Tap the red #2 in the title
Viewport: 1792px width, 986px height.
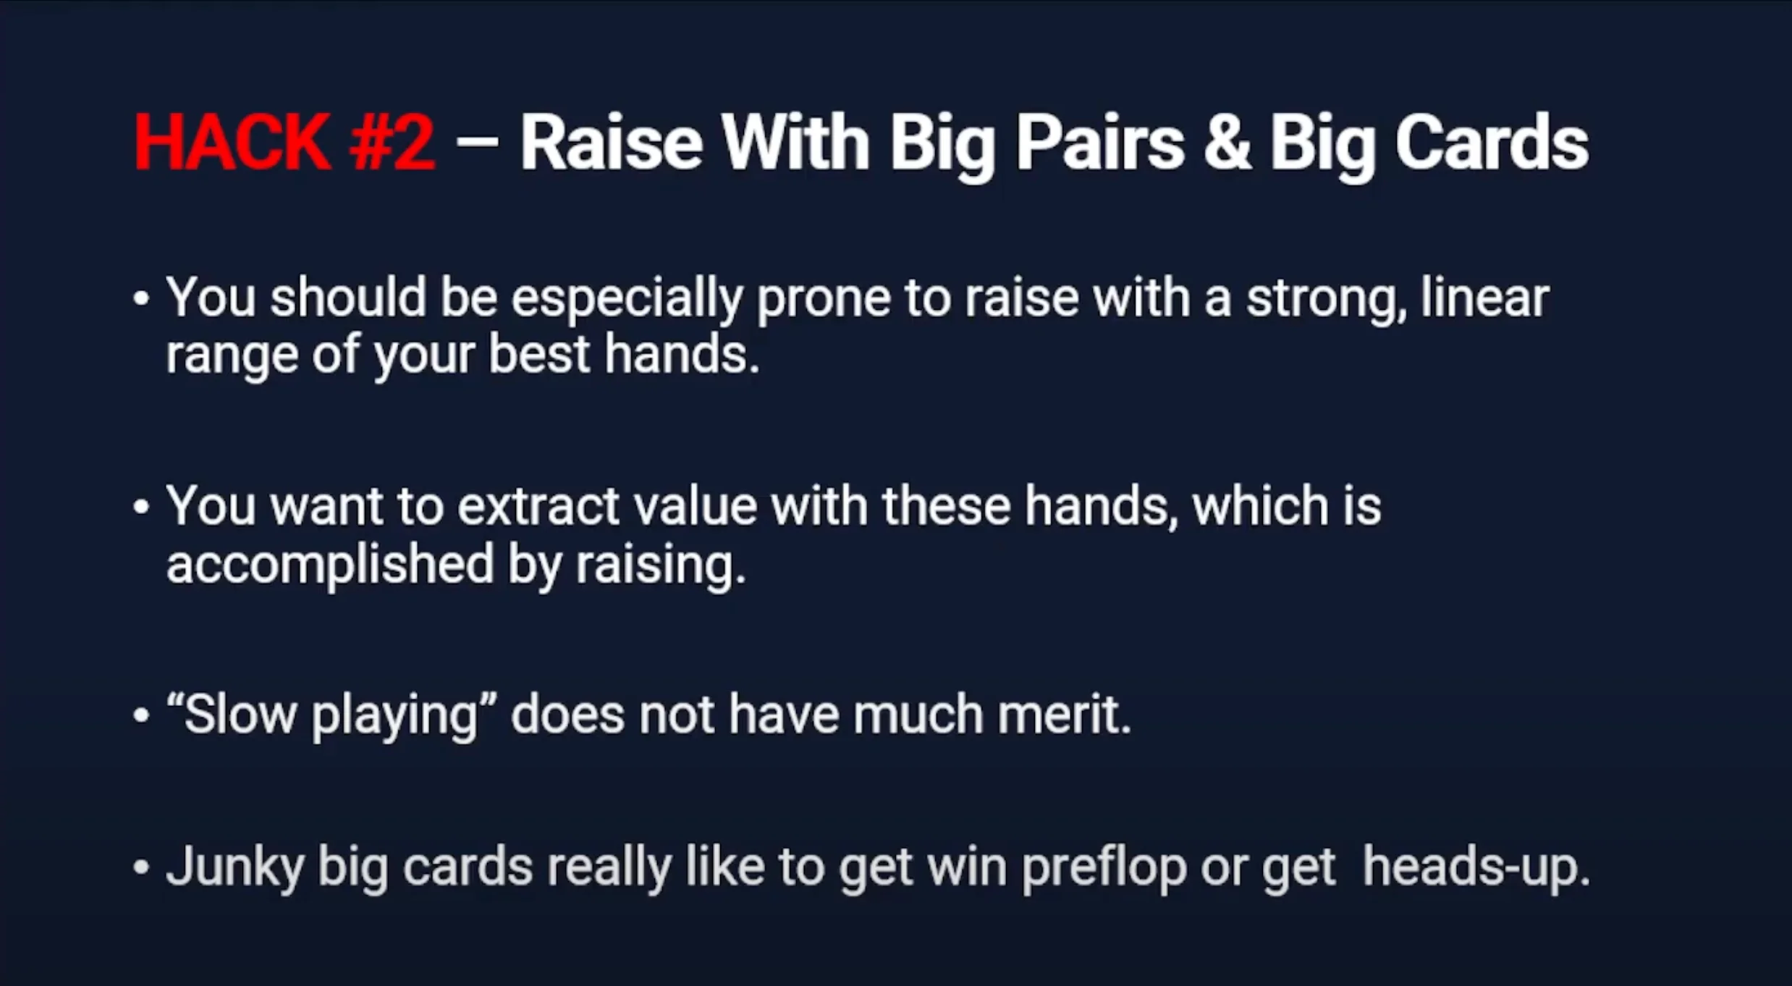[x=392, y=142]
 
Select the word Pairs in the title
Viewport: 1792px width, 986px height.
[x=1101, y=142]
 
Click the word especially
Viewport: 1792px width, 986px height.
[x=627, y=299]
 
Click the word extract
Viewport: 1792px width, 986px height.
[x=538, y=506]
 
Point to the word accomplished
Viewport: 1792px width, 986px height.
[x=330, y=565]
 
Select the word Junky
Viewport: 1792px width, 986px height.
[x=235, y=868]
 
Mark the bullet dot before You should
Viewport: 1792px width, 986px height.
[x=141, y=299]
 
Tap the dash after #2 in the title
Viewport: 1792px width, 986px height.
[x=478, y=141]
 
